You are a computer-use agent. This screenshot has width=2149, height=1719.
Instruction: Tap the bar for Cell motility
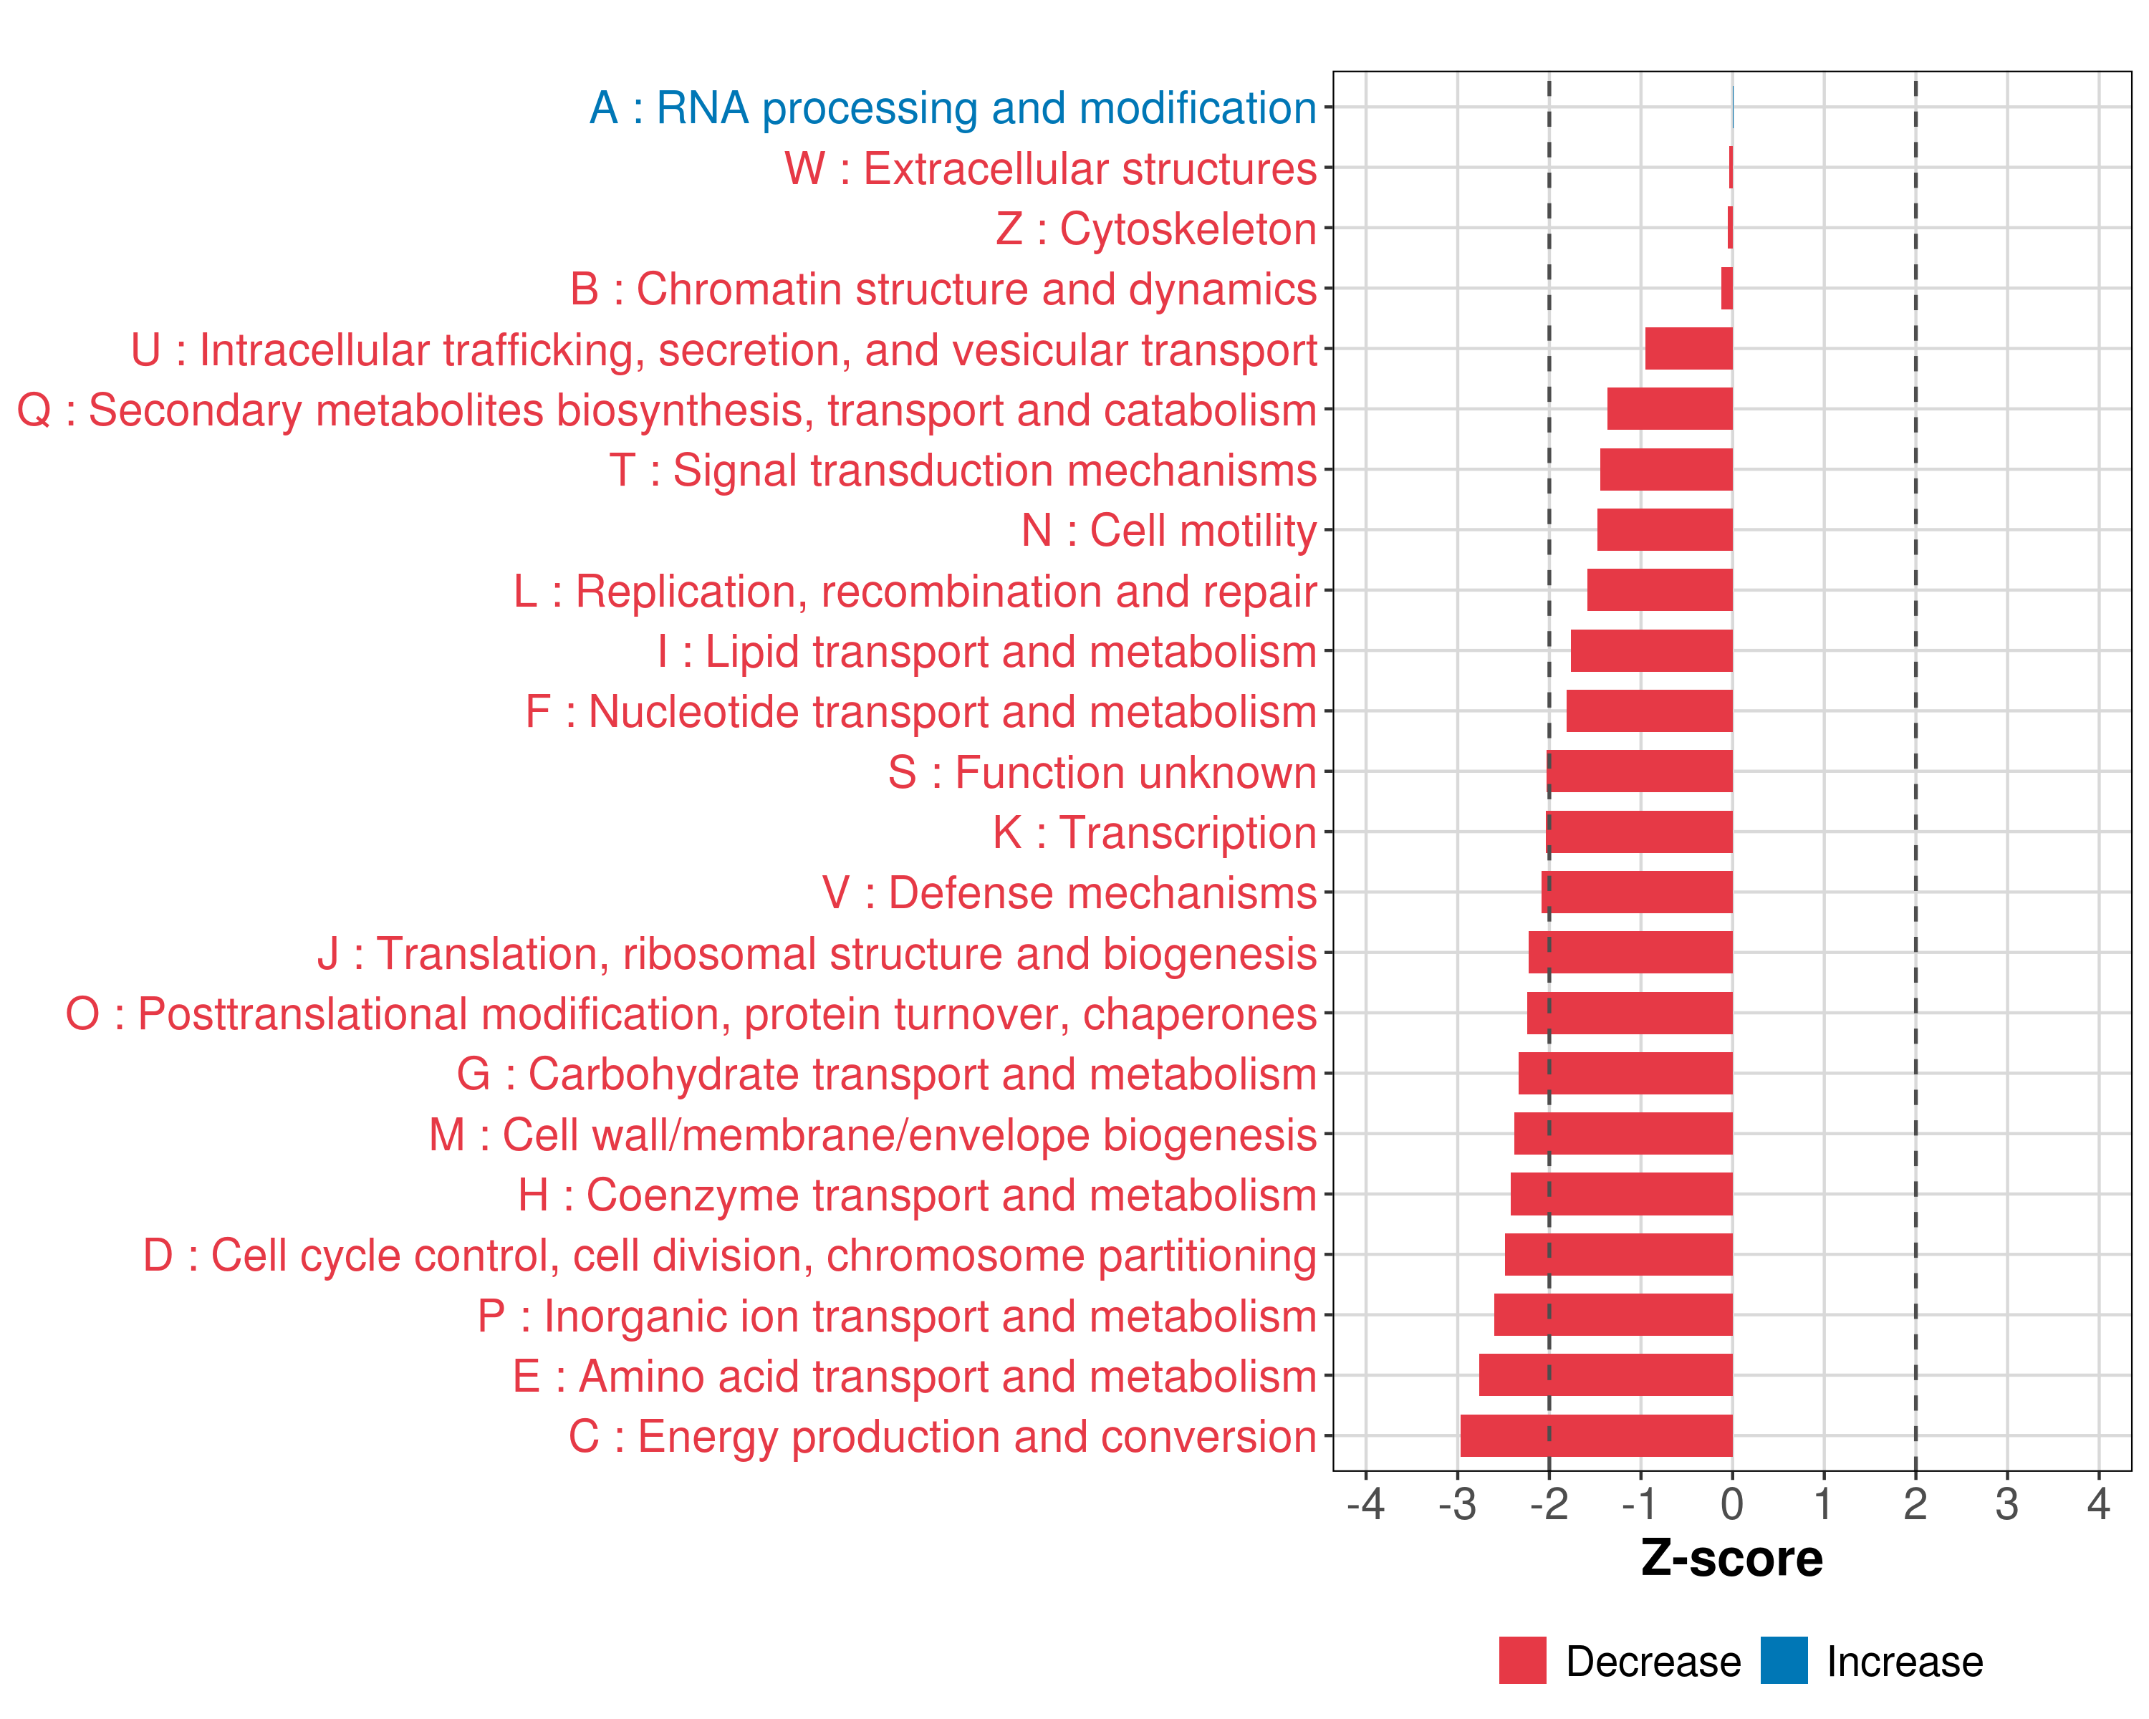tap(1665, 530)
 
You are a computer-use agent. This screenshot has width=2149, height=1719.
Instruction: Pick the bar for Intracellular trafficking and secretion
tap(1688, 349)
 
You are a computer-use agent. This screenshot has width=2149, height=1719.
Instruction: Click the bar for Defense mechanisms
tap(1637, 892)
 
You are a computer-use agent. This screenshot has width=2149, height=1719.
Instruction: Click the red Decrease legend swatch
tap(1522, 1660)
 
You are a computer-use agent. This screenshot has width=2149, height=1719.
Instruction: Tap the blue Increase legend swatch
tap(1783, 1660)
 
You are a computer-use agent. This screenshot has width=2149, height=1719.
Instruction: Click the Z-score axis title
tap(1731, 1559)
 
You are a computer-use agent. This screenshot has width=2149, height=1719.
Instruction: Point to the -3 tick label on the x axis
tap(1456, 1503)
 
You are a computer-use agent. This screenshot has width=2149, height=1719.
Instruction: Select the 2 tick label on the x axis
tap(1915, 1503)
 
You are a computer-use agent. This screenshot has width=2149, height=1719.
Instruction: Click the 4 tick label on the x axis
tap(2098, 1503)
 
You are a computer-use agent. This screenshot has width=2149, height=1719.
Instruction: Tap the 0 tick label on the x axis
tap(1732, 1503)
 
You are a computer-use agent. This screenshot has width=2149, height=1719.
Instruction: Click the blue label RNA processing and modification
tap(953, 107)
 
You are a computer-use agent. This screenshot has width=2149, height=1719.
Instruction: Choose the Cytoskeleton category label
tap(1156, 228)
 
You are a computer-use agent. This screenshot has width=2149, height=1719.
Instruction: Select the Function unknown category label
tap(1102, 772)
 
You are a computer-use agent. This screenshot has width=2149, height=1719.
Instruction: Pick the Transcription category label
tap(1154, 832)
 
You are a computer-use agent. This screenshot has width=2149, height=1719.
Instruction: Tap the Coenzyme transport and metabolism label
tap(917, 1195)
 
